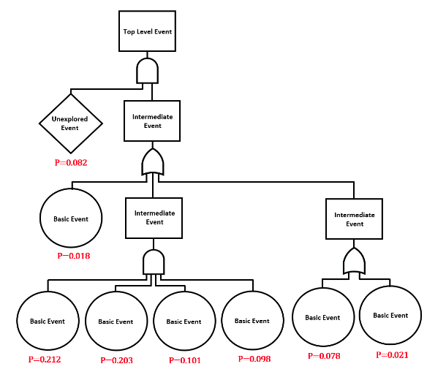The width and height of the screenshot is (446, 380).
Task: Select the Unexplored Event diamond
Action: pos(70,123)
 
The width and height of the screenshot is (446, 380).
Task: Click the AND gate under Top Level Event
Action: pos(148,72)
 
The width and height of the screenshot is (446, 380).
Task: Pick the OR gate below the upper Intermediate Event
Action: pos(153,163)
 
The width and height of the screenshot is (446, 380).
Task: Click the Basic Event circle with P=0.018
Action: pos(71,218)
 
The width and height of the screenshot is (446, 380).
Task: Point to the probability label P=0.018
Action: pos(73,256)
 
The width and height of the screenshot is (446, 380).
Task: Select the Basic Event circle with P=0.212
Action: pos(48,321)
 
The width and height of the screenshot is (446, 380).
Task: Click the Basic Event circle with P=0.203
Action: pos(116,321)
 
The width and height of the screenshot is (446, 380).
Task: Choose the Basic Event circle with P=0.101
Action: pos(184,321)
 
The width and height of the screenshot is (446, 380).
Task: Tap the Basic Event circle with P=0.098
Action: pos(252,321)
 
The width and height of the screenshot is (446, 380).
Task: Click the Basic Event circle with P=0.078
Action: pos(322,317)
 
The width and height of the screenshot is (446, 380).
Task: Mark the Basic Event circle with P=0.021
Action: pos(390,315)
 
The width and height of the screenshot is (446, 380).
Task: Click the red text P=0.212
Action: pos(45,359)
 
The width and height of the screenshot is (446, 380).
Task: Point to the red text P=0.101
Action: pos(185,360)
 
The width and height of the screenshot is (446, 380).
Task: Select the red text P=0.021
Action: pos(392,354)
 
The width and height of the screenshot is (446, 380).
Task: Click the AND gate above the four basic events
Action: pos(154,262)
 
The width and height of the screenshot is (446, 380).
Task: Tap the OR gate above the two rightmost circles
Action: pos(355,260)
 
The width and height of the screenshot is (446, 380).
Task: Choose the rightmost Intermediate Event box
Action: pos(355,219)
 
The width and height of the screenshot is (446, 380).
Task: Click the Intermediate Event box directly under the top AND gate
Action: pos(152,121)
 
